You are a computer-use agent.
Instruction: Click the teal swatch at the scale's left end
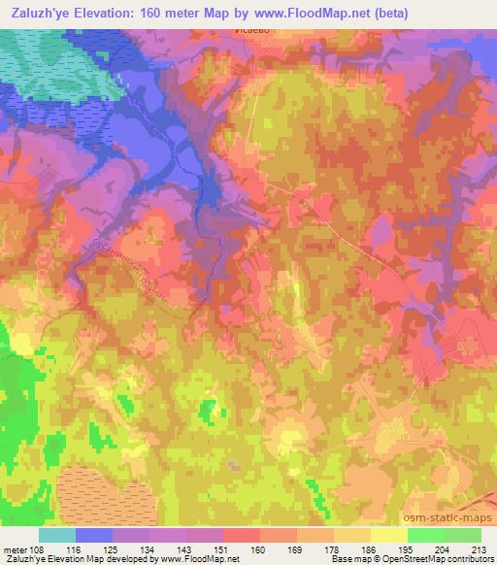pos(57,535)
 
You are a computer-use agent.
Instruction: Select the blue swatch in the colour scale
pos(94,535)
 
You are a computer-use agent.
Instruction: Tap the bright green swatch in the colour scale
pos(425,535)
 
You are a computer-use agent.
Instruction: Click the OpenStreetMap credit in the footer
pos(453,559)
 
